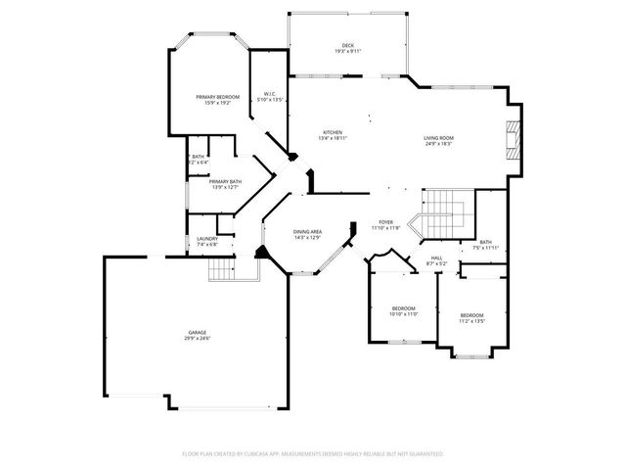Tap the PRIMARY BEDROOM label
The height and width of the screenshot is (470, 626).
(x=217, y=97)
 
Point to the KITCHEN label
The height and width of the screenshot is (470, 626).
(x=333, y=132)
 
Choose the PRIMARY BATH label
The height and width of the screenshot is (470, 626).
(x=225, y=181)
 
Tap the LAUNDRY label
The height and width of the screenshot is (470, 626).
(x=206, y=239)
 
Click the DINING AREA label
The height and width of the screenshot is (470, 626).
(x=308, y=232)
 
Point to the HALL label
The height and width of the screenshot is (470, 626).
(x=435, y=258)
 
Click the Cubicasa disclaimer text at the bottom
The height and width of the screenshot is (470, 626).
(x=313, y=454)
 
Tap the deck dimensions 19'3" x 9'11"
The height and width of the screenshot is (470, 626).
(x=347, y=51)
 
